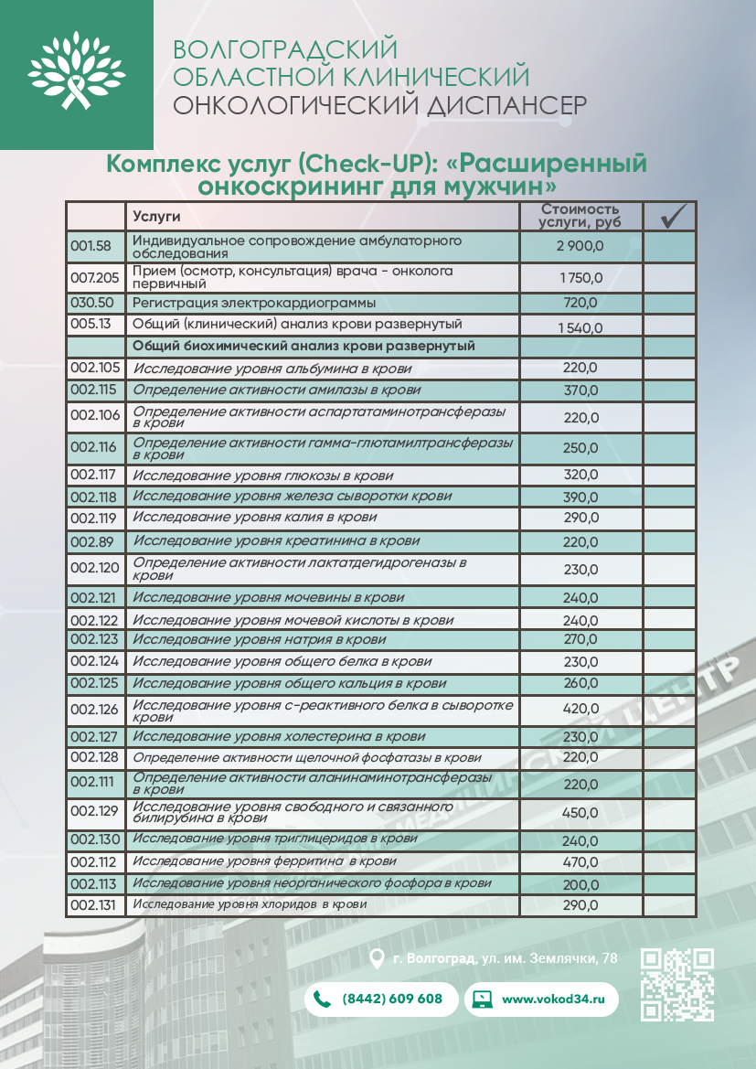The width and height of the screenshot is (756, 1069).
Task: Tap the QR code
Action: (676, 984)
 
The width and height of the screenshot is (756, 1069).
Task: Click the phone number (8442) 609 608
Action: (391, 999)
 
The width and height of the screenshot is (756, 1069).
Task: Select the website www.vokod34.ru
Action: (554, 999)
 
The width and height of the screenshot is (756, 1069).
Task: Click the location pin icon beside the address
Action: (375, 958)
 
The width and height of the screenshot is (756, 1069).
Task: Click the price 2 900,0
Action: (580, 246)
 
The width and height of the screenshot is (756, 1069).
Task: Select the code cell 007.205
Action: (95, 277)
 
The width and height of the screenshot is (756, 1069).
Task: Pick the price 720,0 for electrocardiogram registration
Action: (580, 303)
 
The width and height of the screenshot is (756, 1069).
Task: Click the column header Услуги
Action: (156, 217)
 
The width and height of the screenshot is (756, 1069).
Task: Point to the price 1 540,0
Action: (580, 326)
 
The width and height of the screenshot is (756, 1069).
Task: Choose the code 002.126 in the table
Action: (95, 709)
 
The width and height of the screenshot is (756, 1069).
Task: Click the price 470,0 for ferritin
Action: (580, 862)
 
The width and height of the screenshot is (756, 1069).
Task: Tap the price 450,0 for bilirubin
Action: (580, 812)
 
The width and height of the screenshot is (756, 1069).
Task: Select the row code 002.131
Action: (95, 905)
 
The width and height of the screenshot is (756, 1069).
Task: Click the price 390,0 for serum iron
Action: (580, 497)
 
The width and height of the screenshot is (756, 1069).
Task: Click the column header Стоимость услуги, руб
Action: (580, 216)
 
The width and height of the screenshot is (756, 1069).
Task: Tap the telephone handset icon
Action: (322, 999)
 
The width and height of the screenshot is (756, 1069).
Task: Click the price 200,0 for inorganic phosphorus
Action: (580, 884)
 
